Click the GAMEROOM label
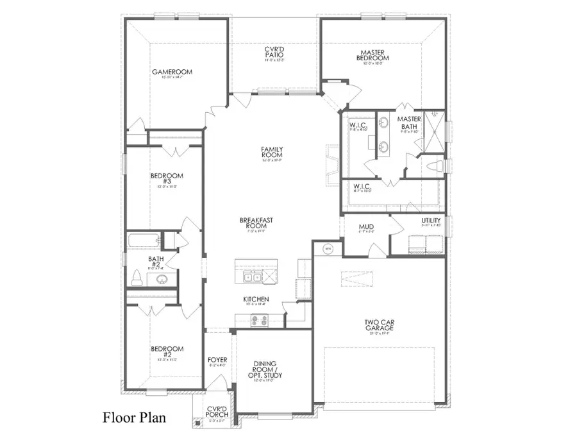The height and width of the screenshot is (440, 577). point(172,72)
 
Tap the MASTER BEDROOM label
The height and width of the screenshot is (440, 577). point(374,54)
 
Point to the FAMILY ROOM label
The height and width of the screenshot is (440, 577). point(272,153)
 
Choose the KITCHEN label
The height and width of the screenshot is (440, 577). point(255,300)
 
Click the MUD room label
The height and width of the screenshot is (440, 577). point(367,227)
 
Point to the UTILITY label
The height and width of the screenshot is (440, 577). point(431,221)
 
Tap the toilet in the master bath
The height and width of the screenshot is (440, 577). point(437,167)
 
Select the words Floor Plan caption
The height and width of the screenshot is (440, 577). point(134,418)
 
